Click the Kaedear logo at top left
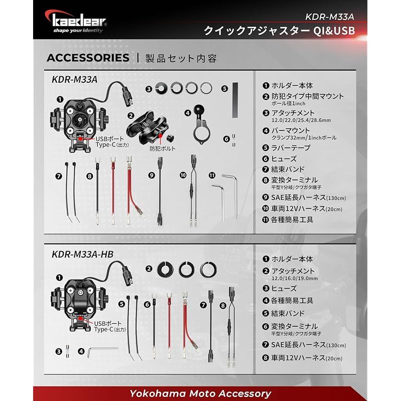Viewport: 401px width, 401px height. [79, 22]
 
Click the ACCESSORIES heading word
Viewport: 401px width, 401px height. [87, 58]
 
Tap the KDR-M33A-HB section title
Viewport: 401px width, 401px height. [83, 254]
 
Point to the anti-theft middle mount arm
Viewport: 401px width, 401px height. [148, 125]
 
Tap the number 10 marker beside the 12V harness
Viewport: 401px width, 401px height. [183, 175]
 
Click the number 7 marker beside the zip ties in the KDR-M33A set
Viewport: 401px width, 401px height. [59, 176]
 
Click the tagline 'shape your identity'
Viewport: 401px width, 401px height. [78, 30]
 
